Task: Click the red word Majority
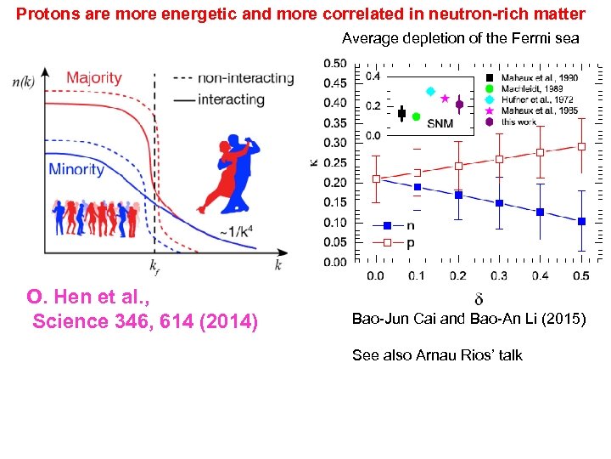click(93, 78)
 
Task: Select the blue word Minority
click(76, 169)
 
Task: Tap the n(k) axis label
click(29, 82)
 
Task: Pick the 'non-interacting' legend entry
click(246, 78)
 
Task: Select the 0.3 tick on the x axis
click(499, 275)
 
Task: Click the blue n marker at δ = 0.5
click(581, 221)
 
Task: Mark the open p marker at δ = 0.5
click(581, 146)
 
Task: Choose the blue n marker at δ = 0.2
click(458, 195)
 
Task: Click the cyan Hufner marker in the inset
click(430, 91)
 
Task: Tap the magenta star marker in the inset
click(445, 99)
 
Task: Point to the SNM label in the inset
click(440, 123)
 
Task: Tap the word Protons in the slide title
click(46, 14)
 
